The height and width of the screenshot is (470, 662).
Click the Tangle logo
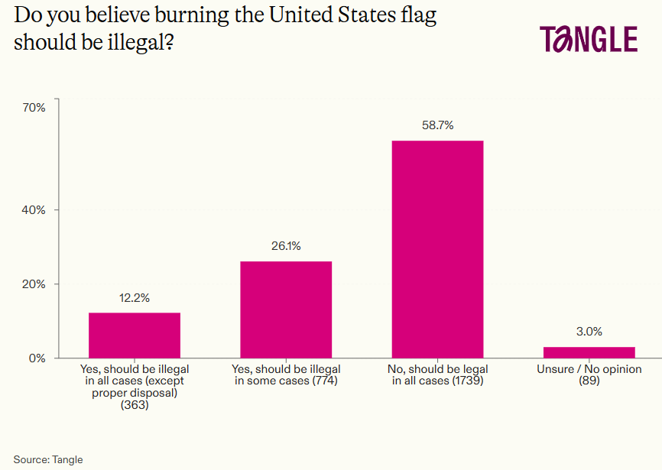(588, 39)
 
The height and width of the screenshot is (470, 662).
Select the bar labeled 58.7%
(437, 248)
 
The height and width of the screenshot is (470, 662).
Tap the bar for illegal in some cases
(286, 309)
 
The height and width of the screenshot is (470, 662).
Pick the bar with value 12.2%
(135, 335)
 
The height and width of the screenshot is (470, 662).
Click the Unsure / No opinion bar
(589, 352)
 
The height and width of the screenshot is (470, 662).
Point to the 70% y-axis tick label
(34, 108)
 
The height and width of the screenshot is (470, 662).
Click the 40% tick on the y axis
(34, 210)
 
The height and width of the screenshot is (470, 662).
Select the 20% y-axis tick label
(34, 284)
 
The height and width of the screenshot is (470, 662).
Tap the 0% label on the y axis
(37, 358)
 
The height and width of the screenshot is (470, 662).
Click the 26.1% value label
(286, 246)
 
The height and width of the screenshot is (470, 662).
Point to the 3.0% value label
(589, 332)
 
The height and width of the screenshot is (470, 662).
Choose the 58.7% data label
(437, 125)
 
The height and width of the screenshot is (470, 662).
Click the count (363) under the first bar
(135, 405)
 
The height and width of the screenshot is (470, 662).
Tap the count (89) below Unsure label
(589, 381)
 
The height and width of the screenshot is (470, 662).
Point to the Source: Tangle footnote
(48, 459)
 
